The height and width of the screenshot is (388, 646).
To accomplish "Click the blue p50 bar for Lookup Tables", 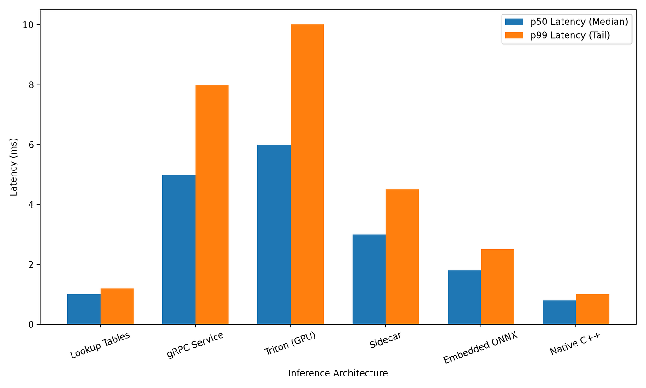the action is coord(84,309).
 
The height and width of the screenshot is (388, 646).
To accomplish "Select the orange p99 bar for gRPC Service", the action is coord(212,204).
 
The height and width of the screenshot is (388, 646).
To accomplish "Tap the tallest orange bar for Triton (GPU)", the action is coord(307,175).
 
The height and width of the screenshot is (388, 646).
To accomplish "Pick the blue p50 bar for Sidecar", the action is coord(369,279).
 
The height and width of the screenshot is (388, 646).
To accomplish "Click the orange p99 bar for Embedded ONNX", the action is coord(497,287).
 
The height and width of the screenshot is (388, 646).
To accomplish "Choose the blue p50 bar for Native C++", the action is coord(559,312).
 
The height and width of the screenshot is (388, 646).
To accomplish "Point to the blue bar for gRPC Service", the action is coord(179,249).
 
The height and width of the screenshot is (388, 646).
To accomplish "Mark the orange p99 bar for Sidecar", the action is coord(402,257).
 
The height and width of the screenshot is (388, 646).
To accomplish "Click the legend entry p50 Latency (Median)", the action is coord(567,22).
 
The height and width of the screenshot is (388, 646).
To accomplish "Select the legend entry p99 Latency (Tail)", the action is coord(557,35).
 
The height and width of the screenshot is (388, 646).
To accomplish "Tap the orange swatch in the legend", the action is coord(514,35).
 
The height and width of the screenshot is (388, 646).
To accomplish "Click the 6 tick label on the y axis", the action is coord(31,145).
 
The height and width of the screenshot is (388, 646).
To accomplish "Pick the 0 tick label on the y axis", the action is coord(31,324).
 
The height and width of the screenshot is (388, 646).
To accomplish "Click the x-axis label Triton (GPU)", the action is coord(290,343).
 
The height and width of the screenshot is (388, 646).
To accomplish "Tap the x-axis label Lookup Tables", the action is coord(100,346).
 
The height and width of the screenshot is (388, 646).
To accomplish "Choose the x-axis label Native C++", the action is coord(575,344).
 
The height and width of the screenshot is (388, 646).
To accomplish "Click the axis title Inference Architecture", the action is coord(338,373).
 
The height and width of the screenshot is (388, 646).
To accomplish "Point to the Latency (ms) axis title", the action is coord(13,167).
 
